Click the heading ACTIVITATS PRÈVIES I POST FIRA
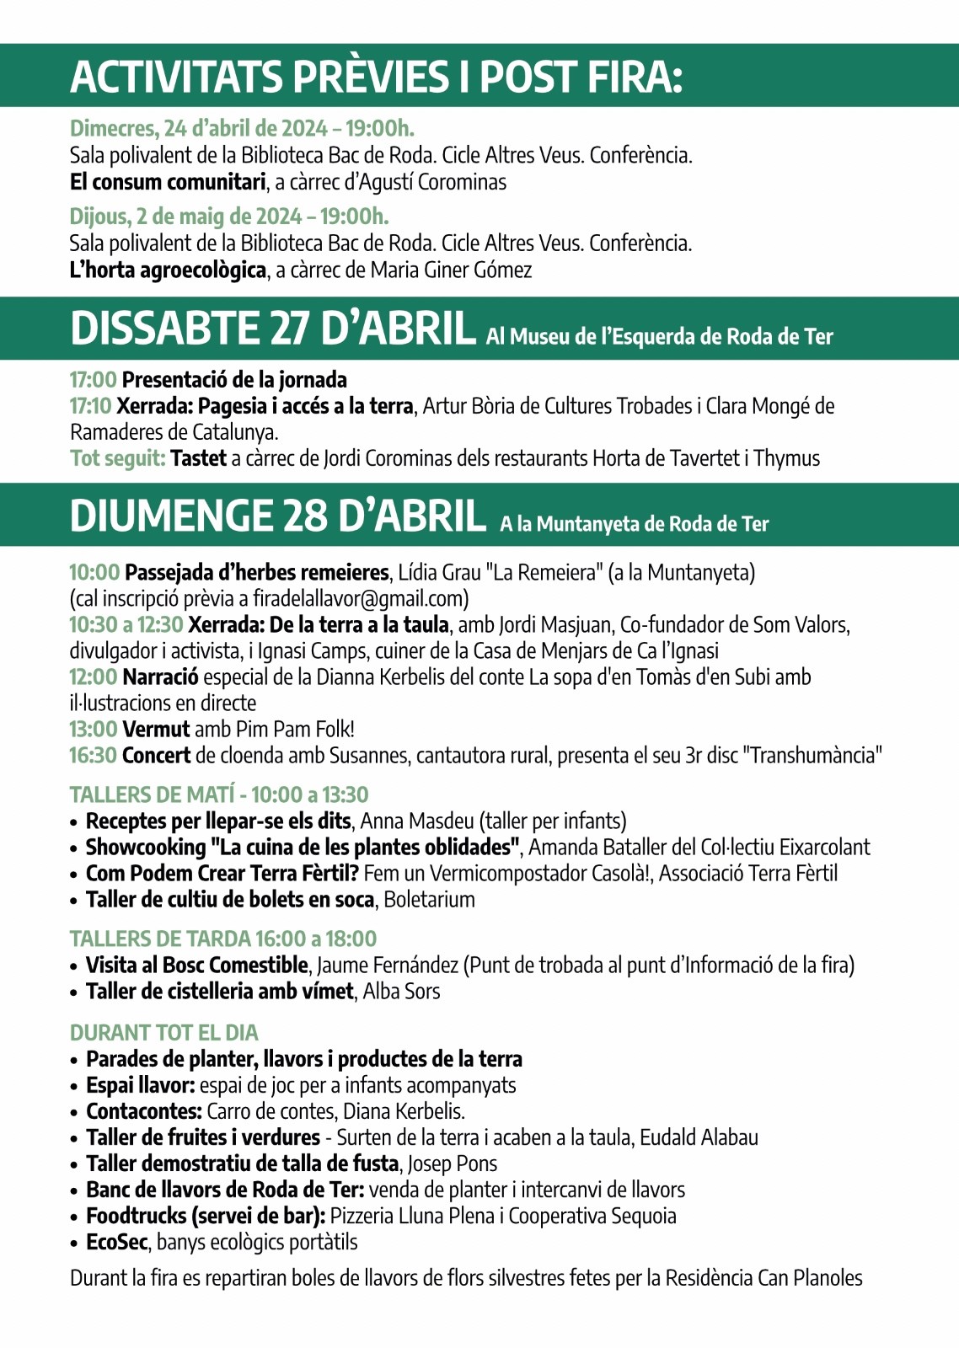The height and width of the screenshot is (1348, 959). (x=376, y=77)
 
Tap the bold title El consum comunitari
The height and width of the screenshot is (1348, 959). (x=168, y=182)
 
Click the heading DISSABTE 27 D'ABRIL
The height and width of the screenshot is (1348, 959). (x=273, y=329)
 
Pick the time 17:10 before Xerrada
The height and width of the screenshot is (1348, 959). (x=90, y=406)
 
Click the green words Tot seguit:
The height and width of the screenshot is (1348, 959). (x=118, y=458)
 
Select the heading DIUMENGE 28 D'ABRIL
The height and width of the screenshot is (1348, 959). (x=278, y=516)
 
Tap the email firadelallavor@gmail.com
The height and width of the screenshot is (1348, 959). (x=360, y=599)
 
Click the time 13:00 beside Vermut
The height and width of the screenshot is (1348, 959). (x=93, y=730)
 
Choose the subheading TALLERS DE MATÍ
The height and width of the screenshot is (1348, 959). (x=153, y=794)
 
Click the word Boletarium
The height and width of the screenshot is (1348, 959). (x=429, y=900)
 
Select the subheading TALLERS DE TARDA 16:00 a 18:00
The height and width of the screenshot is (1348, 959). (x=223, y=939)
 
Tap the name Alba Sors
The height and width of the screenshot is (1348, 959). (x=401, y=992)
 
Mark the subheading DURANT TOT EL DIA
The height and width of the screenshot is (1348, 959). (x=164, y=1033)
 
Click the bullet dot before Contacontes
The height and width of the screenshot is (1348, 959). (x=75, y=1113)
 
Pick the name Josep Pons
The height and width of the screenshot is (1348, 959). (x=453, y=1164)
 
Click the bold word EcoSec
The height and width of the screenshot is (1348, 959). (x=117, y=1243)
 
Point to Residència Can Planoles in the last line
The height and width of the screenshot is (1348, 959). (x=763, y=1278)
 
